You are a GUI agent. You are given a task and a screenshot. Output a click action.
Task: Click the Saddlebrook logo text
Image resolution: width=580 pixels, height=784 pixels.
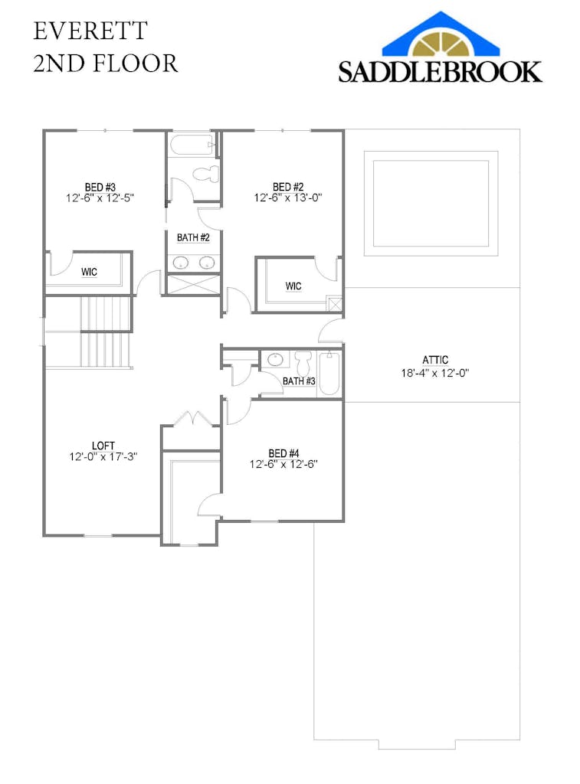coord(441,71)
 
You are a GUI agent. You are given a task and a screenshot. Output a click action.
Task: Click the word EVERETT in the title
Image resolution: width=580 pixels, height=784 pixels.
coord(90,31)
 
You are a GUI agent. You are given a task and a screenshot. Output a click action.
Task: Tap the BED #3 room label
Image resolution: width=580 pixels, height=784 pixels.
coord(100,187)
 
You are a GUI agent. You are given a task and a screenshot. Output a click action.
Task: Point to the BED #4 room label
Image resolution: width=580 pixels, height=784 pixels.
coord(283,453)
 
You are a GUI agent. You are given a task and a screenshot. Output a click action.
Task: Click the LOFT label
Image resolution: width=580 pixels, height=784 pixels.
coord(103,446)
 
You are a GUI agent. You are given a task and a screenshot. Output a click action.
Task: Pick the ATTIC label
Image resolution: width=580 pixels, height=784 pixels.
coord(435,360)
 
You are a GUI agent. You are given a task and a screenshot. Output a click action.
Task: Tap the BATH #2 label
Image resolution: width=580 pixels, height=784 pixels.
coord(194,237)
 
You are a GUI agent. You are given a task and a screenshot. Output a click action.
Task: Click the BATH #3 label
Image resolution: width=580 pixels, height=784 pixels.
coord(299,381)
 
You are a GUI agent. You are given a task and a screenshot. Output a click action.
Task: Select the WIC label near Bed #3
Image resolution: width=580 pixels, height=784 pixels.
coord(90,272)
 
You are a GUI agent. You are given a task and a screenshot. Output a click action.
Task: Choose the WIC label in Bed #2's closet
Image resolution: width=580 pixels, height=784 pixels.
coord(293,286)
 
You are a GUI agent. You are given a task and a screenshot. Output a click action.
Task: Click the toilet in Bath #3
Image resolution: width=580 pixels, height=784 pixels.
coord(303,361)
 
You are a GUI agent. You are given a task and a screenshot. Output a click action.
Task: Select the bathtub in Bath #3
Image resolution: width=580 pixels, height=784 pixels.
coord(329,373)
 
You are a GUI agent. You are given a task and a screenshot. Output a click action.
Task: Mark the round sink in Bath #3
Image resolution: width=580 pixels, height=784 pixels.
coord(274,359)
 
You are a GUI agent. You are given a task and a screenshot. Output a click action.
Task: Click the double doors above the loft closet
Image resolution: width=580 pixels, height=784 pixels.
coord(191,419)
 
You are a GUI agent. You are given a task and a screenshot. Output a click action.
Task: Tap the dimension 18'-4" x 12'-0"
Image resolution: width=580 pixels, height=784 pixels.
coord(434,374)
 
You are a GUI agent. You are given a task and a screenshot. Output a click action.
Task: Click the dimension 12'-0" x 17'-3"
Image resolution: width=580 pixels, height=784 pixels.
coord(103,457)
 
